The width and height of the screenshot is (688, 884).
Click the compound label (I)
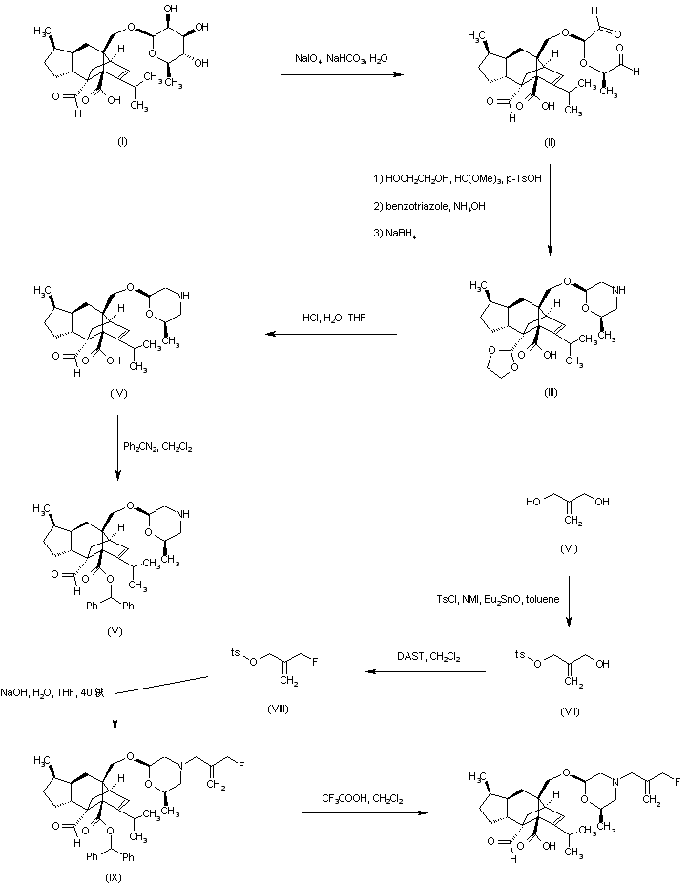click(x=122, y=142)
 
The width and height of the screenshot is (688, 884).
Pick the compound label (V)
click(x=116, y=631)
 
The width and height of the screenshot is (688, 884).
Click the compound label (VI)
click(x=570, y=550)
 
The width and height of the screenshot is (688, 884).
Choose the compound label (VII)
click(x=570, y=710)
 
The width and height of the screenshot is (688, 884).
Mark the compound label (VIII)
click(x=279, y=710)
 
